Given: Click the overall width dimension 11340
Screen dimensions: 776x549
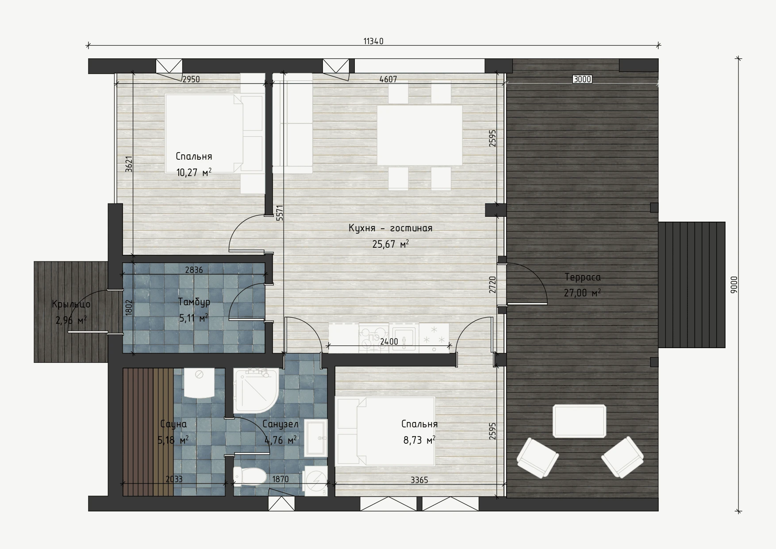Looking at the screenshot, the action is (x=373, y=42).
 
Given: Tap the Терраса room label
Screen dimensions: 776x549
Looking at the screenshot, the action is (x=583, y=277).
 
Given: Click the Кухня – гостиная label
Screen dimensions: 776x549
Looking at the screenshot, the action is (x=390, y=228).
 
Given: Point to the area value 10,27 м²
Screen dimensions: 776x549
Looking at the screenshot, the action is (x=194, y=172).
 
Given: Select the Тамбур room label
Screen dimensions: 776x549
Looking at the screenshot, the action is (x=194, y=302).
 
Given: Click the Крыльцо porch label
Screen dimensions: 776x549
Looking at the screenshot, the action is (x=71, y=304).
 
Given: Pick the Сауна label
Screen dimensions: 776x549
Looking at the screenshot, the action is (x=173, y=424).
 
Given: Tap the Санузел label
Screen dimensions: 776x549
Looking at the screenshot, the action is (x=280, y=424).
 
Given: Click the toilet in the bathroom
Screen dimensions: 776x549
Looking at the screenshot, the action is (x=249, y=476).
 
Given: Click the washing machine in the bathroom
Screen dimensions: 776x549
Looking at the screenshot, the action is (x=315, y=481).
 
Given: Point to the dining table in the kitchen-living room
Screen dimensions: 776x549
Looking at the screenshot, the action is (x=419, y=135).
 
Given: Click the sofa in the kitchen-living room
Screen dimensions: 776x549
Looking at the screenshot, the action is (x=292, y=123).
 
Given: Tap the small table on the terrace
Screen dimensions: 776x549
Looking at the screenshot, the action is (x=579, y=421).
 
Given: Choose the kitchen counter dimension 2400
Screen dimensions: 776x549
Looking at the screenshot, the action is (x=389, y=341).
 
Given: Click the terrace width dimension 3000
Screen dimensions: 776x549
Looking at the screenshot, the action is (x=582, y=80).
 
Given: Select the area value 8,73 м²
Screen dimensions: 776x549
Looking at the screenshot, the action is (x=419, y=440).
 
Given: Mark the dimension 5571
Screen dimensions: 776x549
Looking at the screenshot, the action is (x=279, y=213).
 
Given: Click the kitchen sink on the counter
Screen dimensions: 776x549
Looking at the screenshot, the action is (x=404, y=338).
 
